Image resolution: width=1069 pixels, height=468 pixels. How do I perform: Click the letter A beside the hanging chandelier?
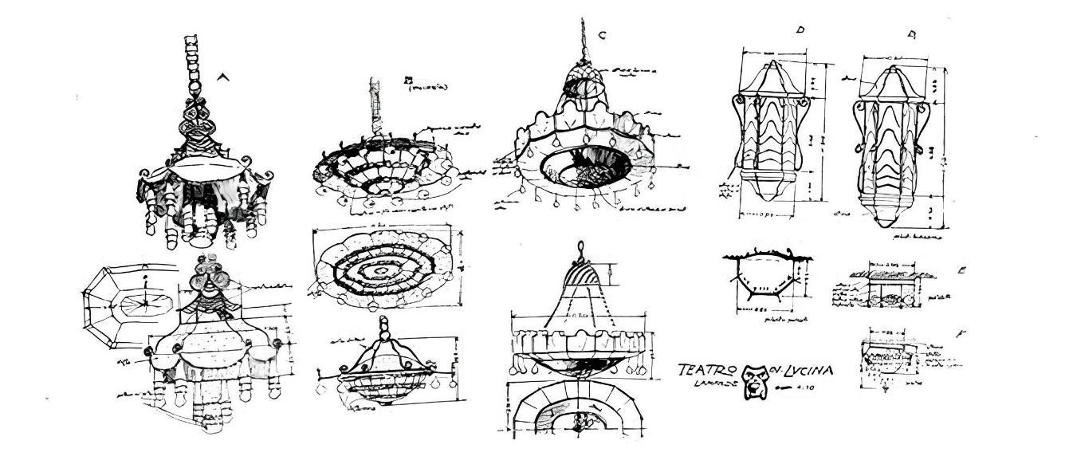(223, 77)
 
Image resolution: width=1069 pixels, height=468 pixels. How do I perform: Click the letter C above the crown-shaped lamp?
(602, 35)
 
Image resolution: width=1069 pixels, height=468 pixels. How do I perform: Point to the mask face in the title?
(753, 380)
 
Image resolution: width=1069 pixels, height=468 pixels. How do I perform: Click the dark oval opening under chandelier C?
(585, 166)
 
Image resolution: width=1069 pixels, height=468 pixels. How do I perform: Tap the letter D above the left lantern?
(800, 30)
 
